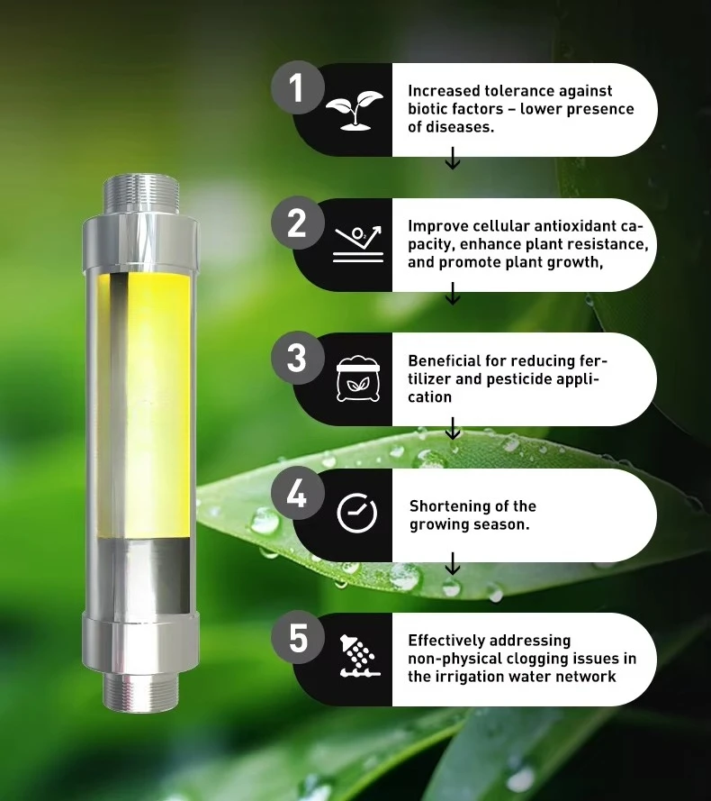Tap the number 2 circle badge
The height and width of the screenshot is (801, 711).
297,224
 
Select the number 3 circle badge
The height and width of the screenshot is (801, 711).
297,359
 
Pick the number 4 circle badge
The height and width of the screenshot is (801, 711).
297,495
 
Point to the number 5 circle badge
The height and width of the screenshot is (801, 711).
297,639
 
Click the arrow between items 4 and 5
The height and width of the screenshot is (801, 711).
453,565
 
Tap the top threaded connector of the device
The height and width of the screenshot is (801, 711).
139,192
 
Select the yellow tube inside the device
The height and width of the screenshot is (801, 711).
144,405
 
